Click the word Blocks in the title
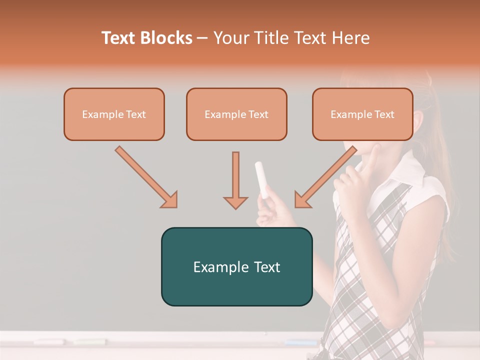click(166, 38)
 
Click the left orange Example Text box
click(114, 114)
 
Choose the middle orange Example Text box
click(236, 114)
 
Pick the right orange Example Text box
click(362, 114)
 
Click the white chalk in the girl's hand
click(261, 179)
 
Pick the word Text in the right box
click(384, 114)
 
